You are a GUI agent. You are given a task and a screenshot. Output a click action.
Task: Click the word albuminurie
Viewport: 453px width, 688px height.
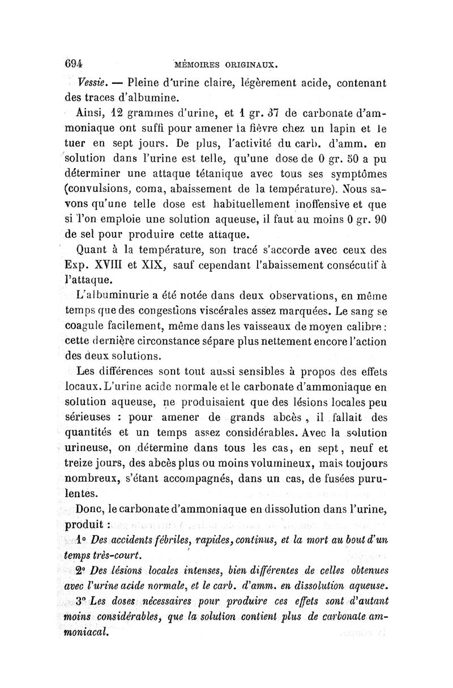(119, 297)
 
